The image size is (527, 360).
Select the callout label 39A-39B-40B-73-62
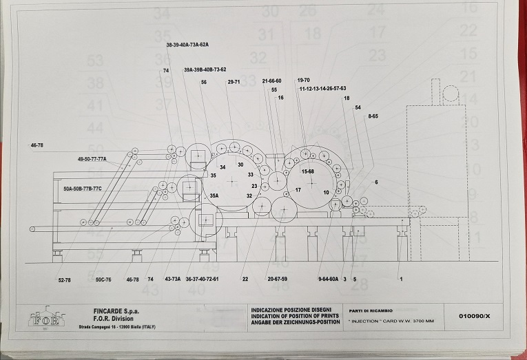click(205, 70)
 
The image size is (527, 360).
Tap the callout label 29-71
click(234, 82)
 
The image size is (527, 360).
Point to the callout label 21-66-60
click(272, 81)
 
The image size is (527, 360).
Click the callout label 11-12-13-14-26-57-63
click(322, 89)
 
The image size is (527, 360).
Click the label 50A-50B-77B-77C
click(82, 188)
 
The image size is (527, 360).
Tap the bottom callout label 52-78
click(65, 279)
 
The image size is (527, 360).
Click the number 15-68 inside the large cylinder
click(307, 171)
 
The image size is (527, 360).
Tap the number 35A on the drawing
click(214, 196)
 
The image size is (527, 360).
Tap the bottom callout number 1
click(400, 279)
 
